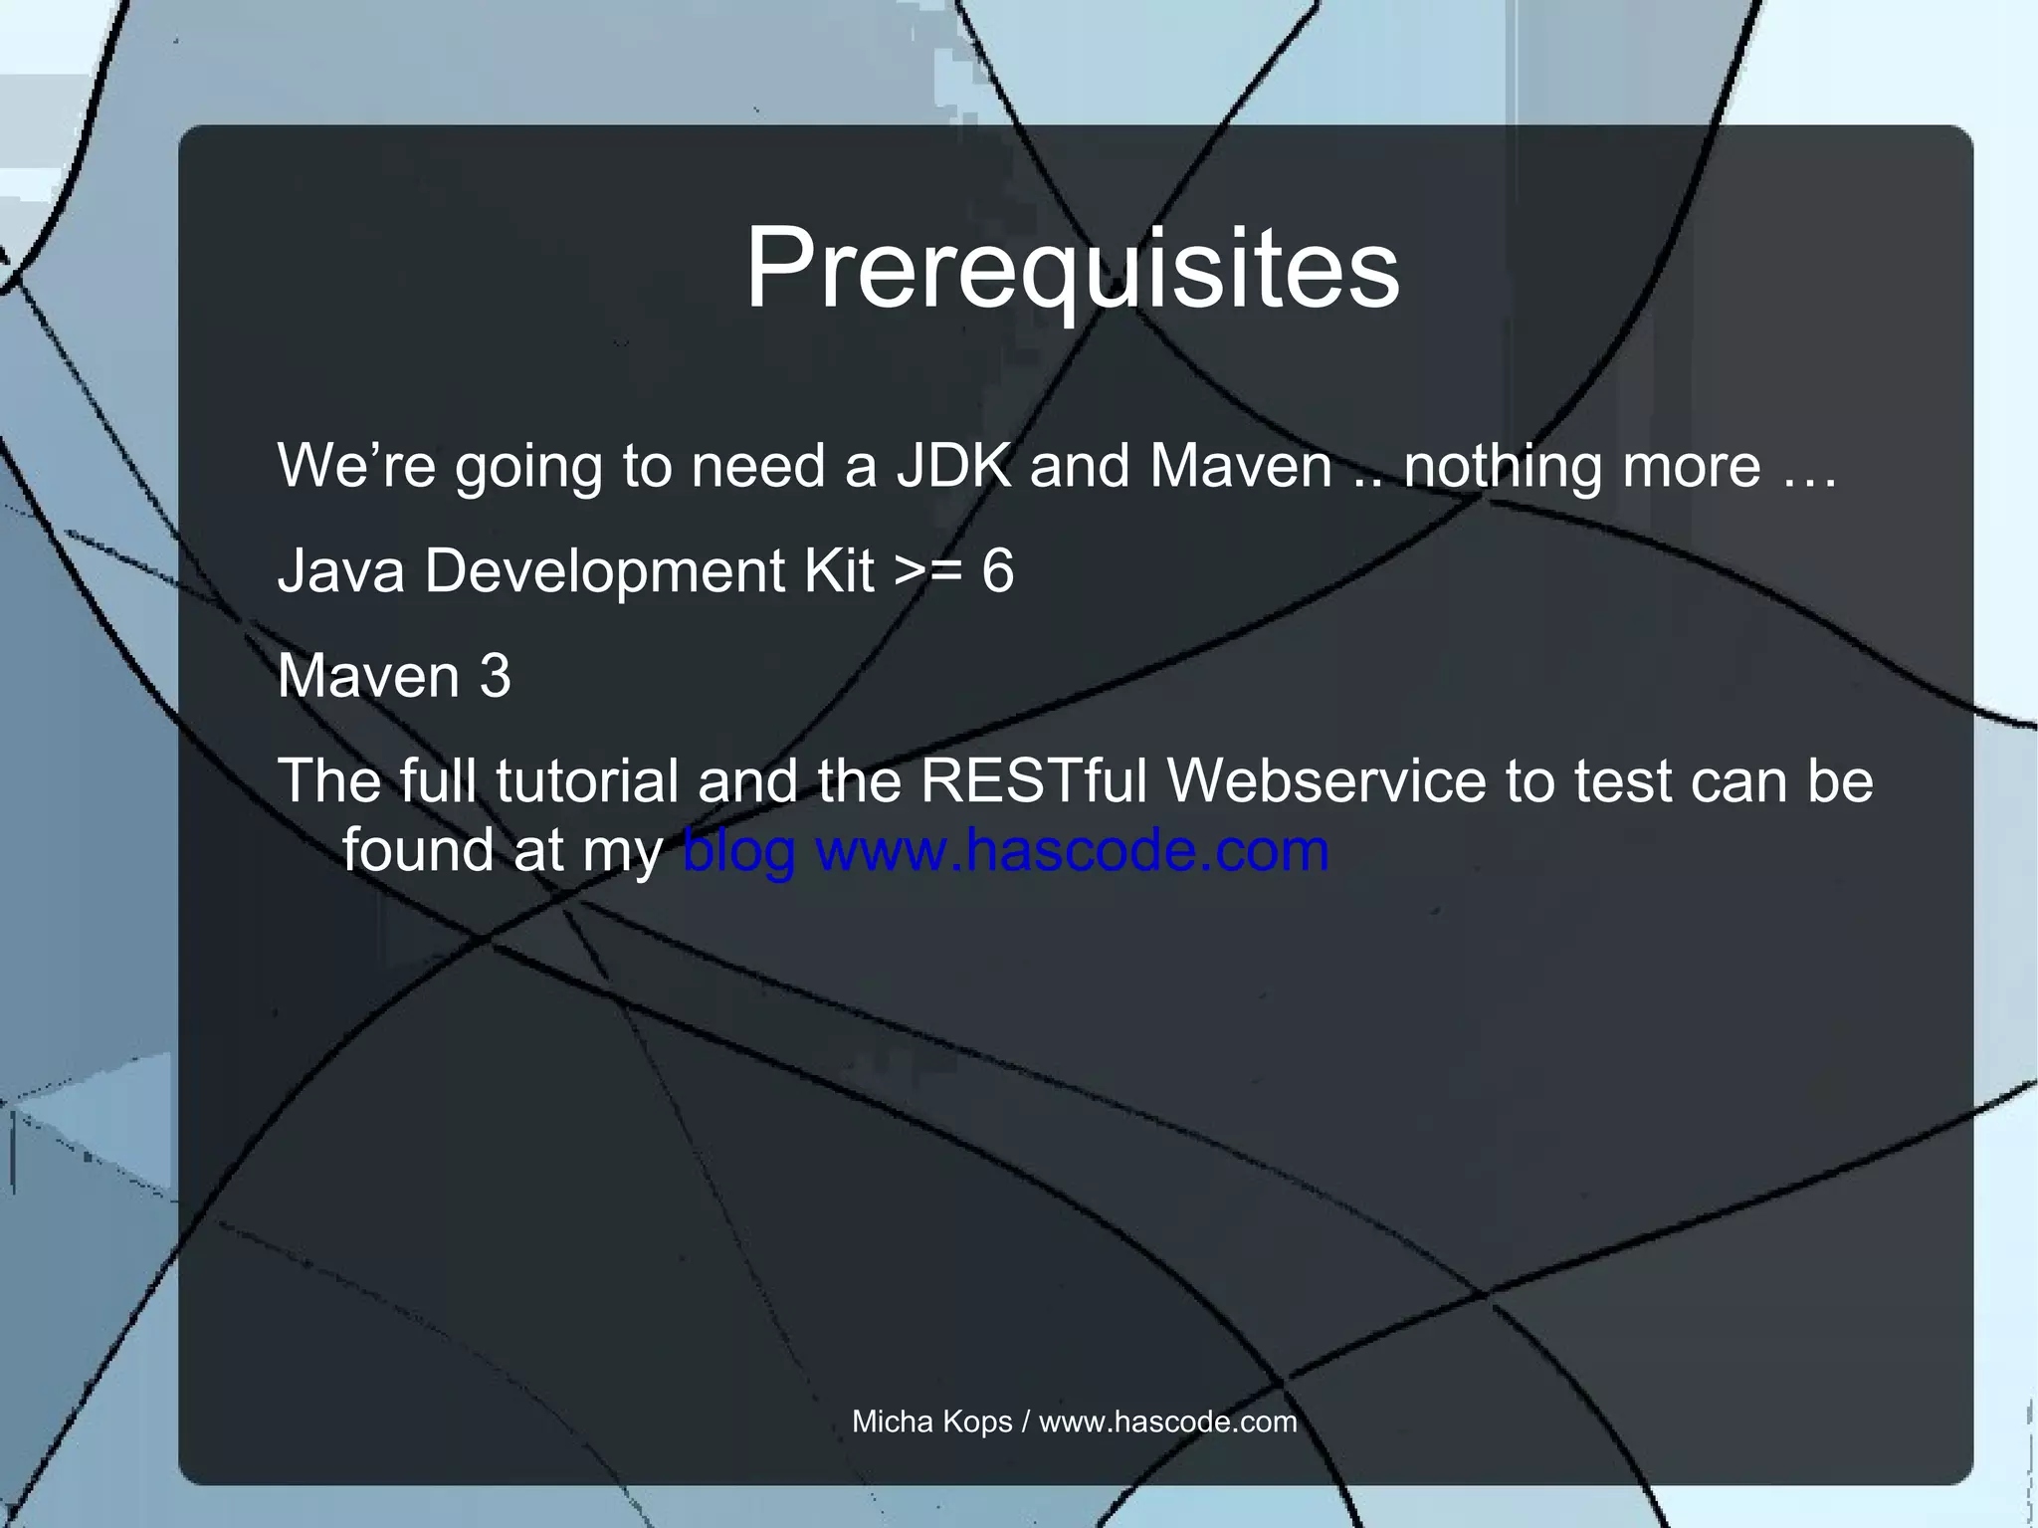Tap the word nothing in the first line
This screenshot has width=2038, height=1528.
click(1502, 466)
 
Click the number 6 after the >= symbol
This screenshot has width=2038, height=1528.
click(997, 571)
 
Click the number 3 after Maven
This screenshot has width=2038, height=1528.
click(495, 677)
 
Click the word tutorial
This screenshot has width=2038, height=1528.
click(586, 781)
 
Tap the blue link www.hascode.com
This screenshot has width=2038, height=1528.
click(1072, 851)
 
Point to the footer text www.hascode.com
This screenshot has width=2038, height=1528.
click(1167, 1421)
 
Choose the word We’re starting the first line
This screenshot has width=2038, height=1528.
click(356, 466)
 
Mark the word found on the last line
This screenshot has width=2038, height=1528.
click(418, 851)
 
